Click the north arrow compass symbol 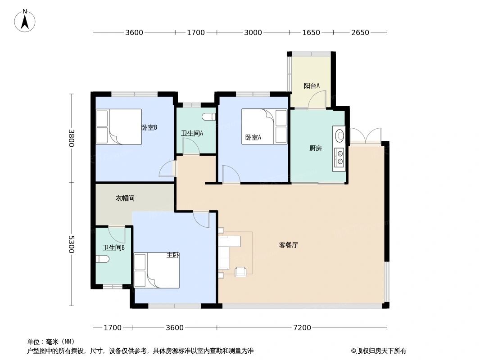(25, 20)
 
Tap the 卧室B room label (149, 127)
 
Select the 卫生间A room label (192, 133)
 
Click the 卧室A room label (253, 137)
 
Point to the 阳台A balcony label (311, 85)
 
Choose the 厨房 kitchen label (316, 148)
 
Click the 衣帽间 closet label (125, 198)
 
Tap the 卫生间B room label (113, 247)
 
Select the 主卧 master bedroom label (173, 255)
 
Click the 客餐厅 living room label (288, 245)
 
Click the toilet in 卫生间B (102, 259)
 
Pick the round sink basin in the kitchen (339, 135)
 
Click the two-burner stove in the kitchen (339, 157)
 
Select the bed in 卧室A (264, 126)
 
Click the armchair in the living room (240, 271)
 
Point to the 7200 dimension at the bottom (302, 328)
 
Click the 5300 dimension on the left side (71, 244)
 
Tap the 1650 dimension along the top (311, 32)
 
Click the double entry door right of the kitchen (366, 136)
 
